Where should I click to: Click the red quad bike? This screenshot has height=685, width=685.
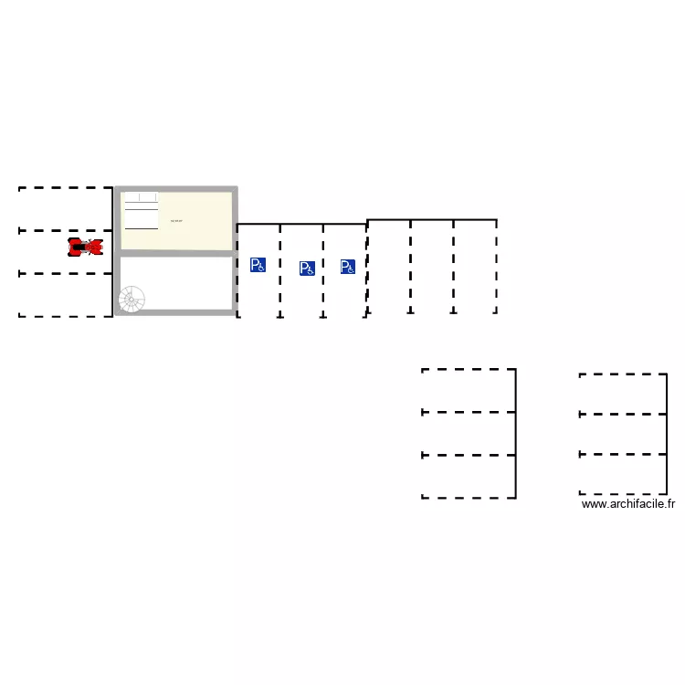(85, 247)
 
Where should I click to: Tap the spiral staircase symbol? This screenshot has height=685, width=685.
(132, 299)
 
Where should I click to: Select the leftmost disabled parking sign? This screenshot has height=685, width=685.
(258, 265)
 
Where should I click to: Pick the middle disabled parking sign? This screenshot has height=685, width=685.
(307, 269)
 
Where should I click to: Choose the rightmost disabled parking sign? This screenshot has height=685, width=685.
(347, 267)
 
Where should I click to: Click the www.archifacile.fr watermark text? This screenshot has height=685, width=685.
(627, 503)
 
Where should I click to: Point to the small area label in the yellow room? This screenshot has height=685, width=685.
(176, 221)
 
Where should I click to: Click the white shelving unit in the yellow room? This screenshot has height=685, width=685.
(141, 211)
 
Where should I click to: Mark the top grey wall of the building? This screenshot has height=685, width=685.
(175, 189)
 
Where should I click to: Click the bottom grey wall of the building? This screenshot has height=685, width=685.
(175, 313)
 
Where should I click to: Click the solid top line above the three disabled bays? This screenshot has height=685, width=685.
(301, 224)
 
